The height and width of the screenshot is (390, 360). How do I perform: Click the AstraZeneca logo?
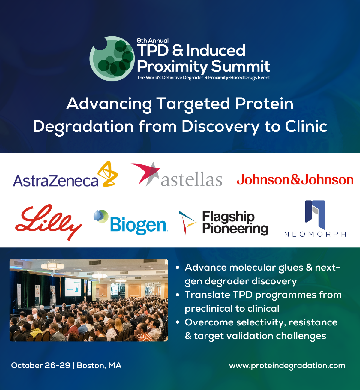(x=65, y=174)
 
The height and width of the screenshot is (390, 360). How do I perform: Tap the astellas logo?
(x=176, y=174)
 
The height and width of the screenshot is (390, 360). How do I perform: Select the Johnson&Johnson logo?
(x=295, y=179)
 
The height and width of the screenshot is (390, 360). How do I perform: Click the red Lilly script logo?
(x=49, y=222)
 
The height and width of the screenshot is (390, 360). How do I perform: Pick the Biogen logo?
(x=130, y=222)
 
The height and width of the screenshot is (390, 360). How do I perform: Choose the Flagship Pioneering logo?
(x=223, y=223)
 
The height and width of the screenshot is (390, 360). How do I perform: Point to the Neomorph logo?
(x=315, y=219)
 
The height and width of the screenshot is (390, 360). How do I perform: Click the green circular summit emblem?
(x=112, y=58)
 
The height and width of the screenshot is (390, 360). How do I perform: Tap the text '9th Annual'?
(x=153, y=40)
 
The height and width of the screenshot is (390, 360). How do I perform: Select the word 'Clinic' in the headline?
(x=306, y=126)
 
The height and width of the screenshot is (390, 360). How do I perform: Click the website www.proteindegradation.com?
(x=287, y=366)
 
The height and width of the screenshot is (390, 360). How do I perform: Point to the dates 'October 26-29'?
(x=41, y=365)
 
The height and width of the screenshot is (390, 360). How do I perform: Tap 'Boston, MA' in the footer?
(x=99, y=366)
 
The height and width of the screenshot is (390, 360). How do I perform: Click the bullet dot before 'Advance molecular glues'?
(x=178, y=268)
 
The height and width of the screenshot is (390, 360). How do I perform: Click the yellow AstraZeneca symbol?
(x=108, y=174)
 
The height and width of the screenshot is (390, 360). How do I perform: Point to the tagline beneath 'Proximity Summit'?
(x=203, y=78)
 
